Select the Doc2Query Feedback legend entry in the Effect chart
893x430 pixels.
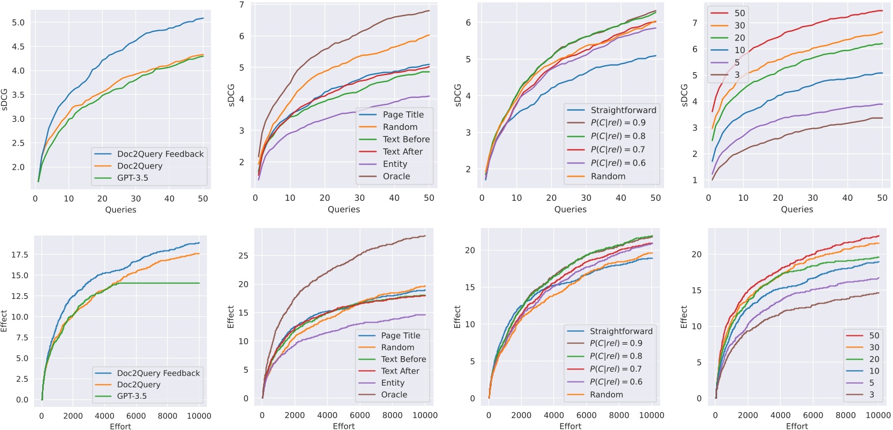(x=156, y=373)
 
